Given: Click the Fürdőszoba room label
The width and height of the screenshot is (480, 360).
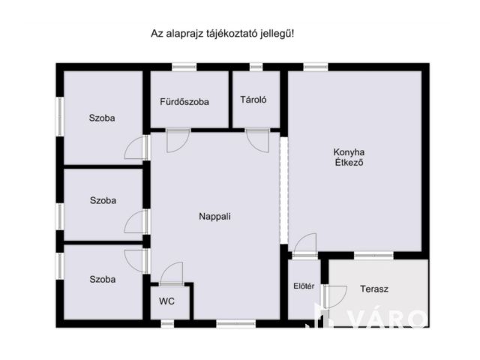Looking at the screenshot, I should click(184, 102).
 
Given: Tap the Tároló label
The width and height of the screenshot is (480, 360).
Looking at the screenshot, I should click(254, 100).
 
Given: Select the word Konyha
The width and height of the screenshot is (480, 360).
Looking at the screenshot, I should click(349, 152).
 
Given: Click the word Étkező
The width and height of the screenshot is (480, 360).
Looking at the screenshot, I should click(349, 163).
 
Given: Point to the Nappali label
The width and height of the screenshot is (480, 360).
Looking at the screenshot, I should click(214, 217).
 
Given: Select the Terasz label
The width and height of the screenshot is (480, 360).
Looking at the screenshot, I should click(374, 288).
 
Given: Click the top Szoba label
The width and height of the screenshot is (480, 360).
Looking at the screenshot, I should click(103, 118).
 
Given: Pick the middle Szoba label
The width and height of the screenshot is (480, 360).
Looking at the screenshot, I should click(103, 200).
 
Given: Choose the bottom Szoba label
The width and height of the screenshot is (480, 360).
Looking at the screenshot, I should click(103, 279).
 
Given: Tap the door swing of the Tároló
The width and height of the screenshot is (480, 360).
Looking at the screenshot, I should click(256, 140).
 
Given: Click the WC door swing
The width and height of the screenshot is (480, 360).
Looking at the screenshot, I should click(172, 272).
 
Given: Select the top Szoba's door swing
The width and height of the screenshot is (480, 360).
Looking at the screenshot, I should click(136, 148).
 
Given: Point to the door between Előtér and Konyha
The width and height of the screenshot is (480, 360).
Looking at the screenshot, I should click(304, 245).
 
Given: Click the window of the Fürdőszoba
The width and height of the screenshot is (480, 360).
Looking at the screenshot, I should click(184, 67).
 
